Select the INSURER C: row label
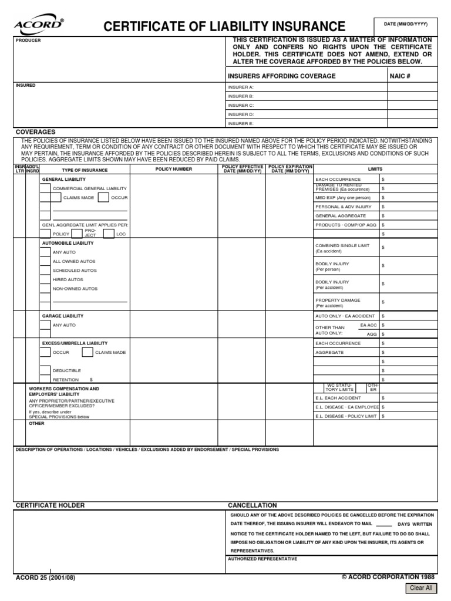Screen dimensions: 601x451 click(x=241, y=105)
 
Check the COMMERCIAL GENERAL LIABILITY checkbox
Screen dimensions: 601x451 click(x=45, y=188)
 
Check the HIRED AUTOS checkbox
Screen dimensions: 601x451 click(x=45, y=280)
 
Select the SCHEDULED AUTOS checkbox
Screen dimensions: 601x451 click(x=45, y=271)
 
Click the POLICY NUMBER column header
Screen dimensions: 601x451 click(x=173, y=169)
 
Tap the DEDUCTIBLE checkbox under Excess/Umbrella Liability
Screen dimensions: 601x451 click(x=45, y=370)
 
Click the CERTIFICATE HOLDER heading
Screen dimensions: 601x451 click(x=50, y=505)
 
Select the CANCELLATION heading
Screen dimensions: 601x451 click(x=252, y=505)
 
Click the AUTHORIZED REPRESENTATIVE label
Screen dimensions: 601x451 click(x=262, y=559)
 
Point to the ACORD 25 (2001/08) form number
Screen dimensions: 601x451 click(x=45, y=578)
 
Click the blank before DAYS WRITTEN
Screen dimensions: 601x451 click(x=383, y=524)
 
